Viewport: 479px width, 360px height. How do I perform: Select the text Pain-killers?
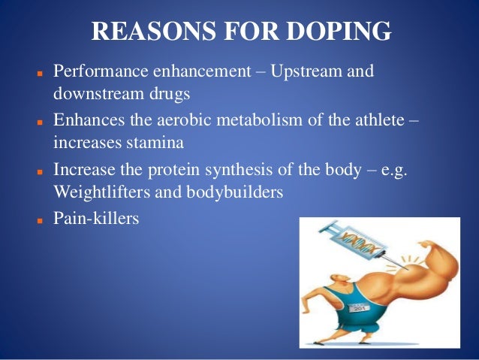tap(96, 221)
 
